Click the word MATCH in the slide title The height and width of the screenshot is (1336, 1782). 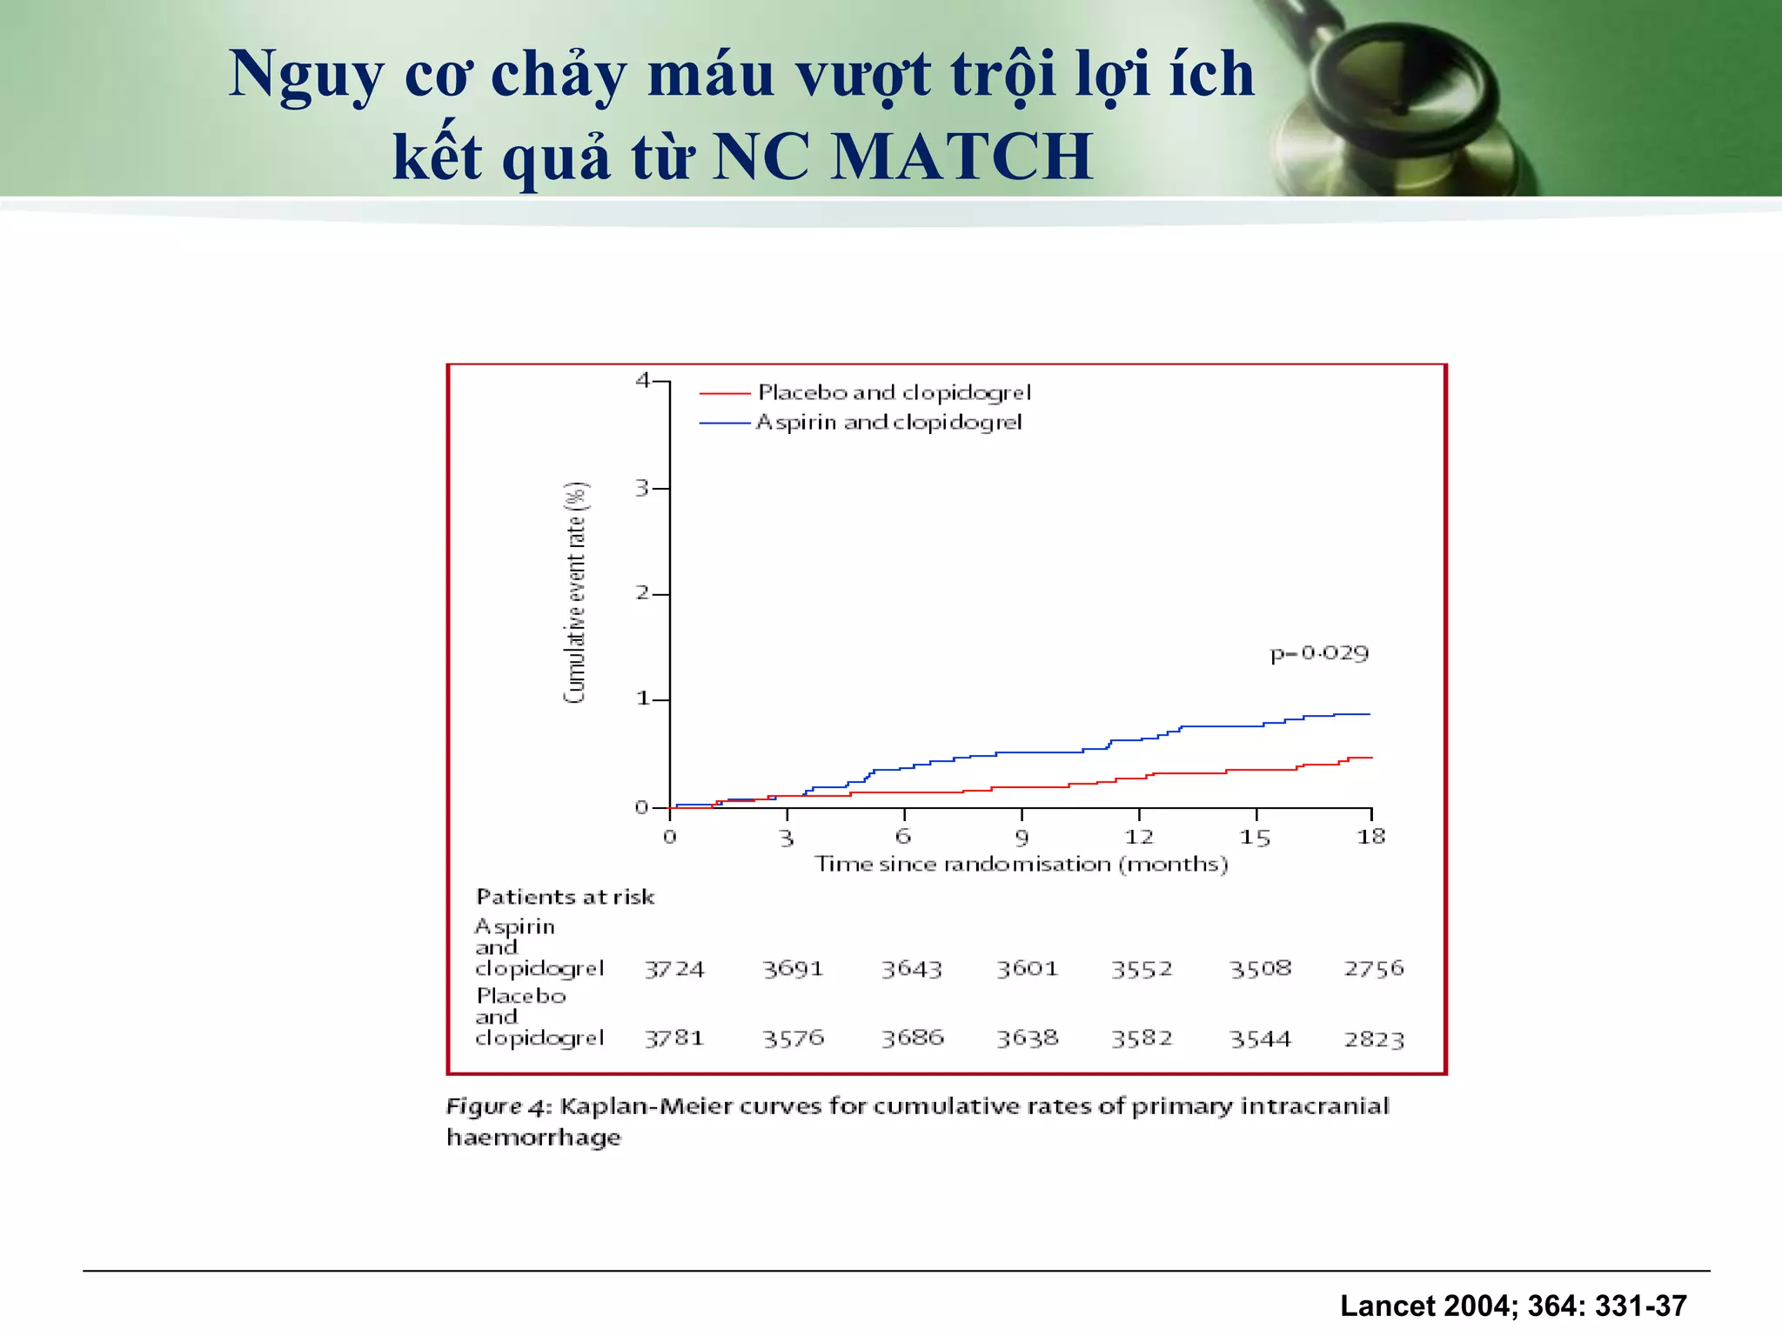click(x=961, y=157)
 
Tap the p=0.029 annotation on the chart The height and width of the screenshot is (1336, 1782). click(x=1319, y=653)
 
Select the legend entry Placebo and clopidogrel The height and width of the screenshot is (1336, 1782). click(x=894, y=393)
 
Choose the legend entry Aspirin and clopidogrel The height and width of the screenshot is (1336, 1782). click(x=888, y=423)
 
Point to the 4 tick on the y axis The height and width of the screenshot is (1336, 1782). click(x=643, y=380)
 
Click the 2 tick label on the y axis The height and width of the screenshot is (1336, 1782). click(x=643, y=593)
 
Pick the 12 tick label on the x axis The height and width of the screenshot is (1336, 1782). click(x=1139, y=838)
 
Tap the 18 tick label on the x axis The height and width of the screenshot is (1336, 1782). click(x=1371, y=838)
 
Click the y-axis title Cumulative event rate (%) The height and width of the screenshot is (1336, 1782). click(x=576, y=592)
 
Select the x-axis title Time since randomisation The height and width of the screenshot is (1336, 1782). click(x=1022, y=865)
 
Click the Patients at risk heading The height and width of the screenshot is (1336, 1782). click(x=565, y=897)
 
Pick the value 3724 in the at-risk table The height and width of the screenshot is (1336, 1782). click(x=674, y=969)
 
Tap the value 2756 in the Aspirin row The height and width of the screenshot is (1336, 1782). click(x=1374, y=969)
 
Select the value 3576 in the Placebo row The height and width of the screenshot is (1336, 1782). click(x=793, y=1039)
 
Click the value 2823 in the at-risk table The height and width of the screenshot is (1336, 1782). click(x=1374, y=1039)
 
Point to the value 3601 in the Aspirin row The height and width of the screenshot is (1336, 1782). click(x=1028, y=969)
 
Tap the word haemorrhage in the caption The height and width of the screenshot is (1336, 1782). click(x=533, y=1138)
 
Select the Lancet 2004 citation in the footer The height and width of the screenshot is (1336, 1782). click(x=1513, y=1306)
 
